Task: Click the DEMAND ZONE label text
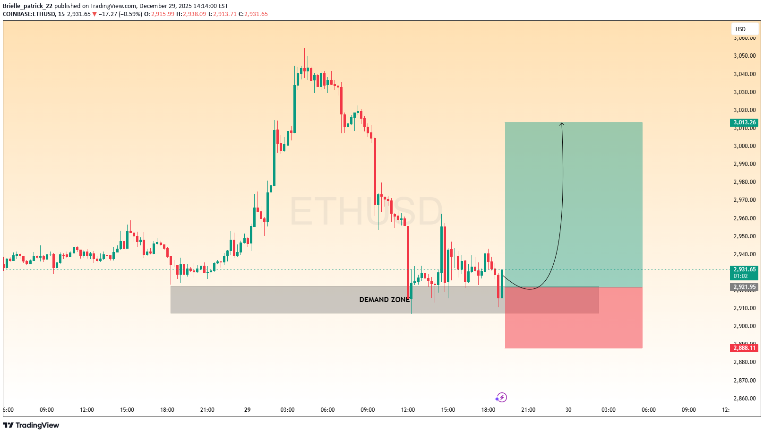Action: point(384,300)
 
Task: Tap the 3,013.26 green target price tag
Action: point(744,122)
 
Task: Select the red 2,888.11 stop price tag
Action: point(744,348)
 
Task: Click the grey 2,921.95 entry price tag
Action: point(744,287)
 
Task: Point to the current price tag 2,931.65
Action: point(744,269)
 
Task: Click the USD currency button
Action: point(740,29)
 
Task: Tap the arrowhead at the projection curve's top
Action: point(562,124)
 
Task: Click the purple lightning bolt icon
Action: point(501,398)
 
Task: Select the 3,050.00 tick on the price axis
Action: point(744,56)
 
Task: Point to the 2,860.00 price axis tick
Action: point(744,399)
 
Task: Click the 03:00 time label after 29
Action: point(287,410)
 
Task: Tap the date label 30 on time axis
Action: point(568,410)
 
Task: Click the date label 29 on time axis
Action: point(248,410)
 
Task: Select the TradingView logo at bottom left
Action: point(31,425)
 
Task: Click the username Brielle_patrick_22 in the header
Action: point(28,6)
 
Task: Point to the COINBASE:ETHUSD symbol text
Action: point(29,14)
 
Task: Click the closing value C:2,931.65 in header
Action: point(253,14)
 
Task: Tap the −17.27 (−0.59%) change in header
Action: point(120,14)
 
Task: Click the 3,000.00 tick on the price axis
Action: point(744,146)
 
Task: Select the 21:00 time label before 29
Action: point(207,410)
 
